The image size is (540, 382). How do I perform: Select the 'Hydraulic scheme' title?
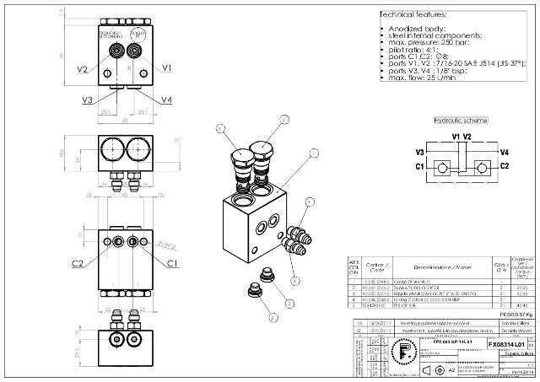(x=460, y=121)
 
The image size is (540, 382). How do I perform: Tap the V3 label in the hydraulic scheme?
(x=419, y=152)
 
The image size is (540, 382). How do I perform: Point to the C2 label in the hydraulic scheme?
(x=504, y=166)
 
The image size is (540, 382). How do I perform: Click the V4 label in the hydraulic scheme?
(x=504, y=152)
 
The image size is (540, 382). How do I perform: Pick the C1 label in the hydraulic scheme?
(x=419, y=166)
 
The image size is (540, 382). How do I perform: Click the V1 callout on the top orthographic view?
(x=167, y=67)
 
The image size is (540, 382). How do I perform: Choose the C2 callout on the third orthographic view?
(x=78, y=264)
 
